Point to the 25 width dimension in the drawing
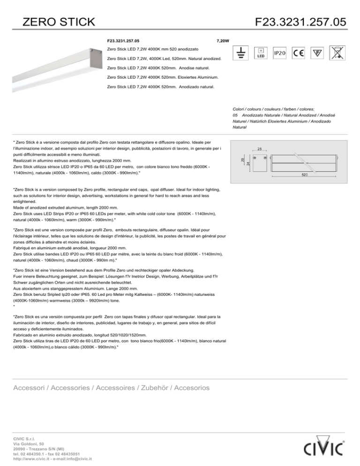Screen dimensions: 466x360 260,149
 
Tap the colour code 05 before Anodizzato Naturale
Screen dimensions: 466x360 235,115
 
